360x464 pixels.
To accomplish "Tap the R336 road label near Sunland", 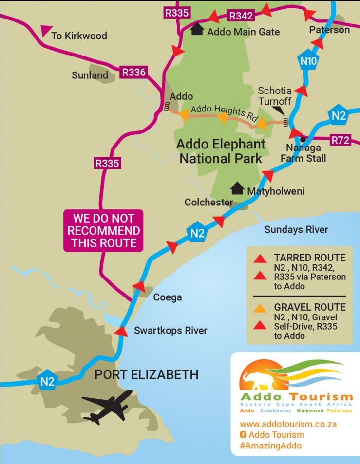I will (x=133, y=73).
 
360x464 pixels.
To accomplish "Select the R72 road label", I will (x=341, y=140).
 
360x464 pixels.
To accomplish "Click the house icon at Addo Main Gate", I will (x=197, y=29).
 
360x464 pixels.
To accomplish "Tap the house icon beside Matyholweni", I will (x=237, y=188).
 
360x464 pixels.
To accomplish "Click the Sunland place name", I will (x=90, y=75).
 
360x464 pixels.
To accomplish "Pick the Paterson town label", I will (x=329, y=30).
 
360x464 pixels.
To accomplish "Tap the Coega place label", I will (x=167, y=297).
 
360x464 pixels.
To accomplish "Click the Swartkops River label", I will (x=171, y=331).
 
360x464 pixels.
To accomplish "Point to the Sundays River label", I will (x=296, y=229).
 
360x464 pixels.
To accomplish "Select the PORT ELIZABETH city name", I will (x=146, y=374).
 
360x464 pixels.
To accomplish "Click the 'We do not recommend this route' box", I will (x=103, y=230).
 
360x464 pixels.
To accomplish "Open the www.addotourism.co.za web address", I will (x=288, y=424).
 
